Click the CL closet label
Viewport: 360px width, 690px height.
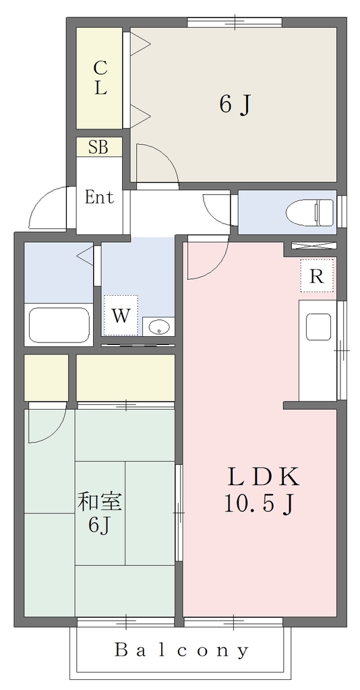pyautogui.click(x=100, y=78)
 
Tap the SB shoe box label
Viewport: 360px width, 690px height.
pyautogui.click(x=98, y=147)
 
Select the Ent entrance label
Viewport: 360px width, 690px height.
pyautogui.click(x=99, y=197)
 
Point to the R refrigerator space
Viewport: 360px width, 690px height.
pyautogui.click(x=317, y=276)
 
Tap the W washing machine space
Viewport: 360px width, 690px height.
pyautogui.click(x=121, y=315)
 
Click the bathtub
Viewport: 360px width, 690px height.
pyautogui.click(x=59, y=325)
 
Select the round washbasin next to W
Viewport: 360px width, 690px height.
pyautogui.click(x=158, y=327)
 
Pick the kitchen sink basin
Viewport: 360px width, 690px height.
pyautogui.click(x=318, y=327)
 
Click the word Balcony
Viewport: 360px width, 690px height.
pyautogui.click(x=182, y=650)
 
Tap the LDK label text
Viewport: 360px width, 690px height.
pyautogui.click(x=263, y=477)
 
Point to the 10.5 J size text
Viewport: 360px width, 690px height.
pyautogui.click(x=259, y=504)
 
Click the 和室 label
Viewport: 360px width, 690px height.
pyautogui.click(x=100, y=502)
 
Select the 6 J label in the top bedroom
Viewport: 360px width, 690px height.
pyautogui.click(x=235, y=104)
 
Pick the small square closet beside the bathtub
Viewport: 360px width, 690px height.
pyautogui.click(x=46, y=377)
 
